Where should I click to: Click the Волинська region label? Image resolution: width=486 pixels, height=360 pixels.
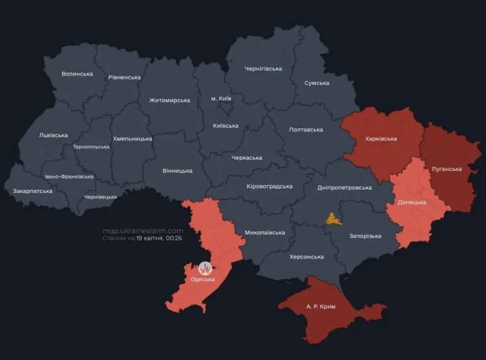click(77, 74)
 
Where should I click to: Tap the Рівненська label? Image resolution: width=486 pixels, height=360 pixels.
click(124, 78)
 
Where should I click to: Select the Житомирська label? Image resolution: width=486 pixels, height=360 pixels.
click(169, 101)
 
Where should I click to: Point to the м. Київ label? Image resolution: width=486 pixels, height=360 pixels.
click(221, 99)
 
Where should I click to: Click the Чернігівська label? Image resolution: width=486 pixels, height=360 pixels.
click(263, 69)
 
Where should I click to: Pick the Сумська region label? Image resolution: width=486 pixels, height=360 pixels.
click(317, 83)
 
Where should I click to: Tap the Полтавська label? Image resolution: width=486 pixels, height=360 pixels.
click(306, 130)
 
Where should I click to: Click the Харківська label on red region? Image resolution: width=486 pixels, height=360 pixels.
click(381, 139)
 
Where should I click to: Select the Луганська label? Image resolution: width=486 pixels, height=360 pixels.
click(446, 169)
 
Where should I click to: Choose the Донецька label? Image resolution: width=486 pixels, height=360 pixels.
click(412, 202)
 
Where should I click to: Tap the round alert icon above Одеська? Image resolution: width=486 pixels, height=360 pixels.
click(205, 267)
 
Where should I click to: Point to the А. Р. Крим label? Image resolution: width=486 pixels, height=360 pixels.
click(321, 306)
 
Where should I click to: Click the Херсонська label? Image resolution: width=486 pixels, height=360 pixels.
click(306, 257)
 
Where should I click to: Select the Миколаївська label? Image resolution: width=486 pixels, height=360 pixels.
click(265, 232)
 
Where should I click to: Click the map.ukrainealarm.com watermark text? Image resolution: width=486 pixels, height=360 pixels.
click(142, 231)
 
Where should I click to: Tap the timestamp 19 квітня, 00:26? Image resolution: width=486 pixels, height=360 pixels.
click(160, 238)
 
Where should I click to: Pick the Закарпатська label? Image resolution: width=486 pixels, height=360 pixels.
click(32, 191)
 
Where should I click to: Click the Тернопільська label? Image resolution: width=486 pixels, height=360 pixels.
click(90, 147)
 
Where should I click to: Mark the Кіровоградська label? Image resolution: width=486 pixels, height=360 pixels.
click(269, 186)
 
